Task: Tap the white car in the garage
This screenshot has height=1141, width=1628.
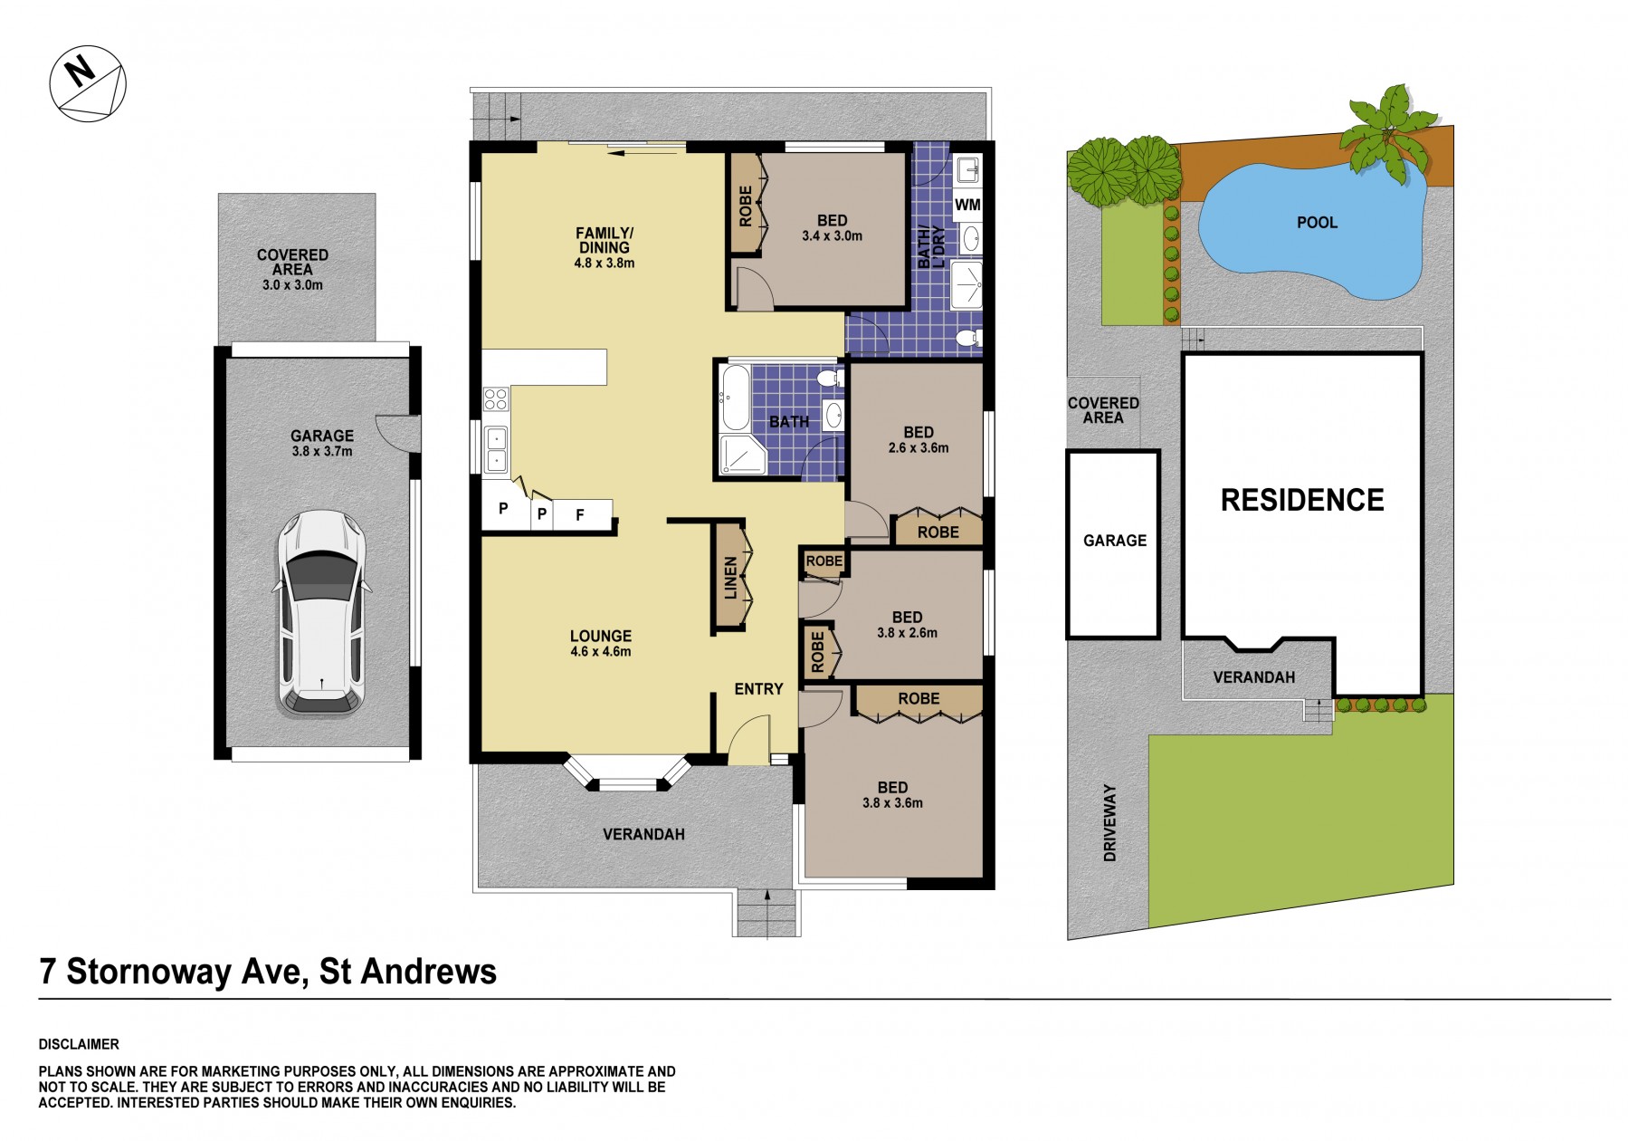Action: pyautogui.click(x=321, y=614)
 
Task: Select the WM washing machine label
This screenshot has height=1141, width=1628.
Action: pyautogui.click(x=967, y=205)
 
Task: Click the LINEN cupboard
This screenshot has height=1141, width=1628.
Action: pyautogui.click(x=731, y=577)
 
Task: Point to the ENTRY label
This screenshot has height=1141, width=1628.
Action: pyautogui.click(x=758, y=689)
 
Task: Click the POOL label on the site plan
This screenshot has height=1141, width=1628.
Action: pyautogui.click(x=1317, y=223)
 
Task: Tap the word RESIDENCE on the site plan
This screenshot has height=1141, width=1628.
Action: pyautogui.click(x=1302, y=500)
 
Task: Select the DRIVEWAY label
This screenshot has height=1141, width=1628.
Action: pyautogui.click(x=1109, y=822)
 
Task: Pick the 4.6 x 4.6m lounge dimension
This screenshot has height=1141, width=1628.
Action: pyautogui.click(x=601, y=651)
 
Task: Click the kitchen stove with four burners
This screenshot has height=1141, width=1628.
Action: pyautogui.click(x=496, y=398)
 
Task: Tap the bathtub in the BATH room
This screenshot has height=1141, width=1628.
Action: pyautogui.click(x=734, y=398)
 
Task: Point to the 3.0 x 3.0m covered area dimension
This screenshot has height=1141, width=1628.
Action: pyautogui.click(x=292, y=284)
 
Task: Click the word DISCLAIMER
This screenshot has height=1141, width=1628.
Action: pyautogui.click(x=79, y=1044)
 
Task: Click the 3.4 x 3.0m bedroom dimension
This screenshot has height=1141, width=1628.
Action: pyautogui.click(x=832, y=235)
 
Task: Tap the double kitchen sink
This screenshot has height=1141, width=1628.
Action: pyautogui.click(x=496, y=449)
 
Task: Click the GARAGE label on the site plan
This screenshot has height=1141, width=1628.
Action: pyautogui.click(x=1114, y=541)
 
